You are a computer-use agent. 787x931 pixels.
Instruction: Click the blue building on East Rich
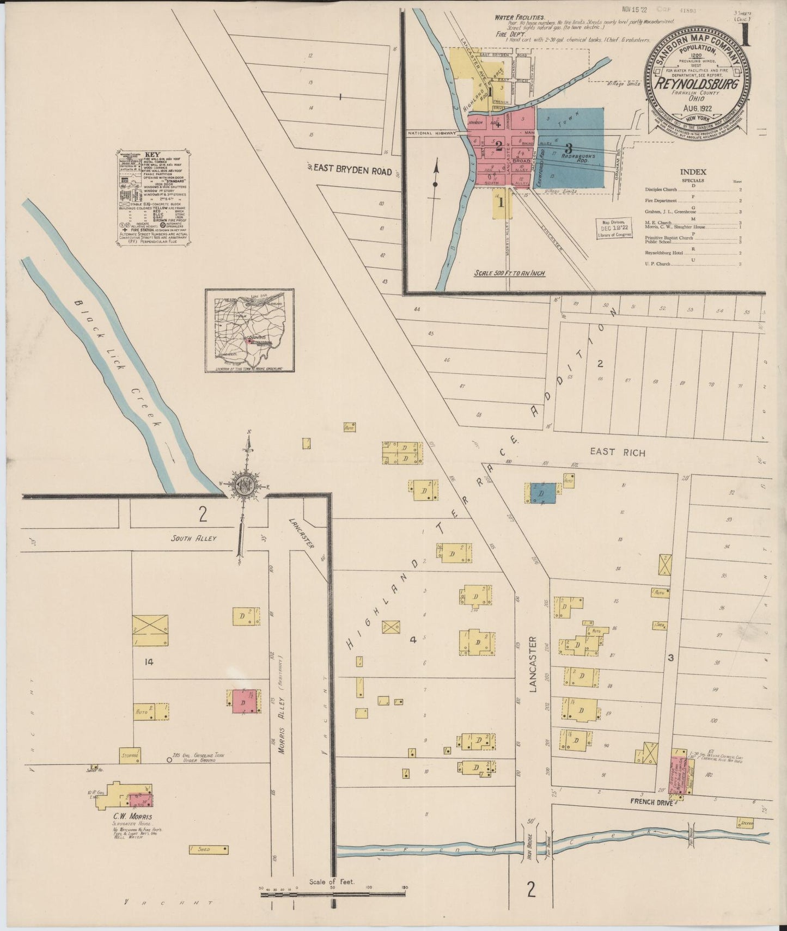point(544,493)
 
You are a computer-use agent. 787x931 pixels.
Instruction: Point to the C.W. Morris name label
point(132,817)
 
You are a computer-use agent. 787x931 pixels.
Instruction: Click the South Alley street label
point(193,538)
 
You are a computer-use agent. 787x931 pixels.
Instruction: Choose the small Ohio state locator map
point(249,330)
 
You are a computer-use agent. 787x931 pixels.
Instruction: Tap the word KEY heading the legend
point(153,155)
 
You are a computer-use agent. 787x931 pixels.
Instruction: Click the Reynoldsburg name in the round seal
point(697,84)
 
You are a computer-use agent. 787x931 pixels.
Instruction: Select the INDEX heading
point(693,172)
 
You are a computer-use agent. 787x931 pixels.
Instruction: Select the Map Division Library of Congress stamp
point(614,229)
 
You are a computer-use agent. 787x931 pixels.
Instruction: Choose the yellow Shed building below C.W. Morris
point(208,850)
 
